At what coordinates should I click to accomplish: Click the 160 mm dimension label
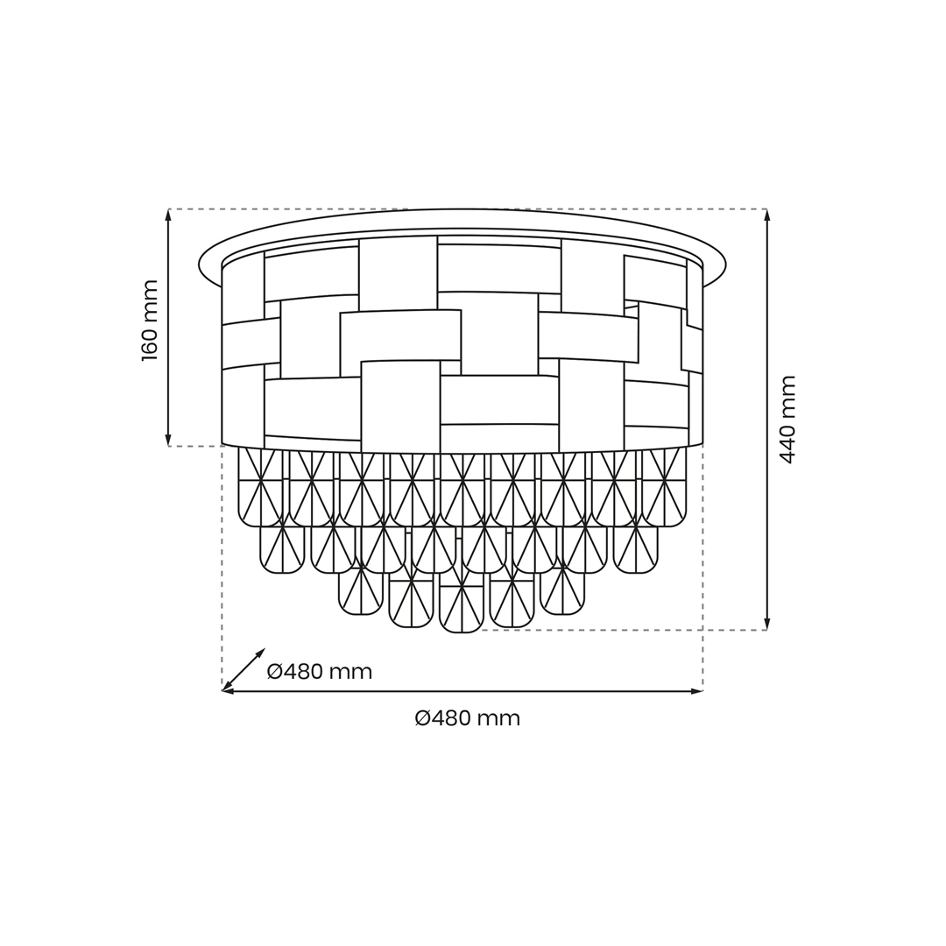click(x=150, y=321)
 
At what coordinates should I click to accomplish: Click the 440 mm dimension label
click(x=787, y=420)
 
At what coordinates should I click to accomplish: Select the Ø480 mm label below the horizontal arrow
click(x=468, y=718)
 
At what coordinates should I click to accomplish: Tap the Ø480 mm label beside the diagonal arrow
click(x=320, y=671)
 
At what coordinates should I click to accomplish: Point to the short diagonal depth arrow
click(x=244, y=670)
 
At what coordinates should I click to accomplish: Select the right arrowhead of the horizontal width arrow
click(x=697, y=691)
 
